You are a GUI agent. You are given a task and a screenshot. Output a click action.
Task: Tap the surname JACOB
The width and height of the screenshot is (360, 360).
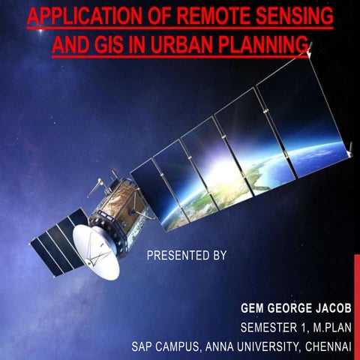(329, 308)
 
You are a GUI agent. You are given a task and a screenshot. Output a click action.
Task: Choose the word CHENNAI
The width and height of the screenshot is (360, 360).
(328, 346)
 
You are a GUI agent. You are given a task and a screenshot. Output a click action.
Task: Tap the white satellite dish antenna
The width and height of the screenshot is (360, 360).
(96, 250)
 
